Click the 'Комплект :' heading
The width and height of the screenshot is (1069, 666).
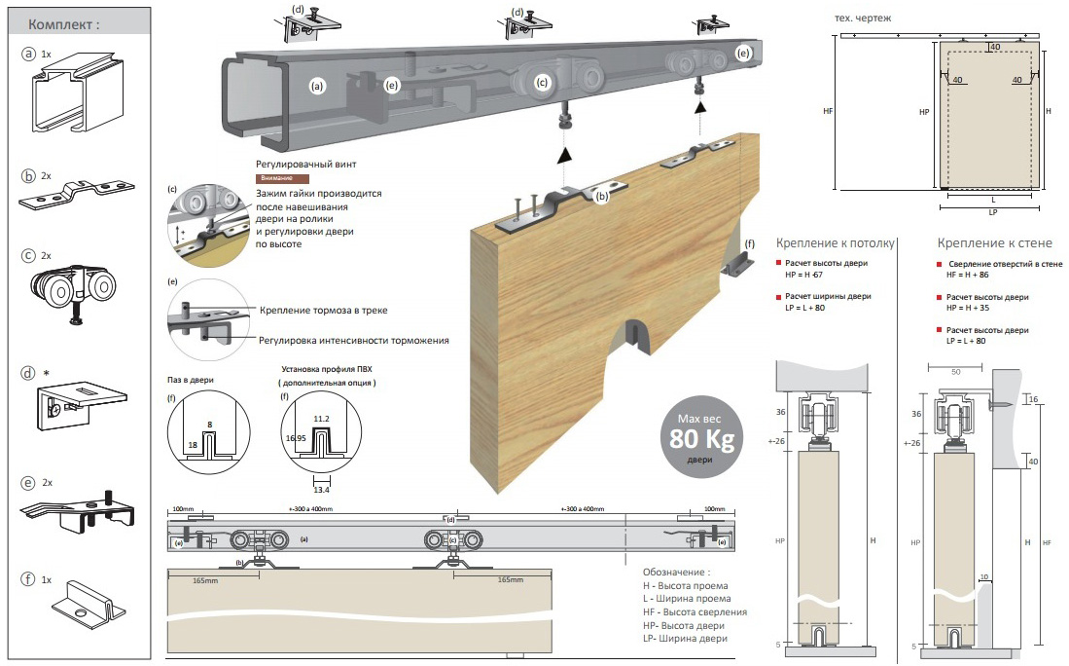(64, 24)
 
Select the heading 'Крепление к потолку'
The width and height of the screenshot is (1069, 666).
(833, 242)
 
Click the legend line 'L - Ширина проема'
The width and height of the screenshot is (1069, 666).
(688, 599)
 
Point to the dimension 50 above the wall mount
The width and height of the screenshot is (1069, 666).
(955, 372)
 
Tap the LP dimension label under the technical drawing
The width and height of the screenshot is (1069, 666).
(992, 211)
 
